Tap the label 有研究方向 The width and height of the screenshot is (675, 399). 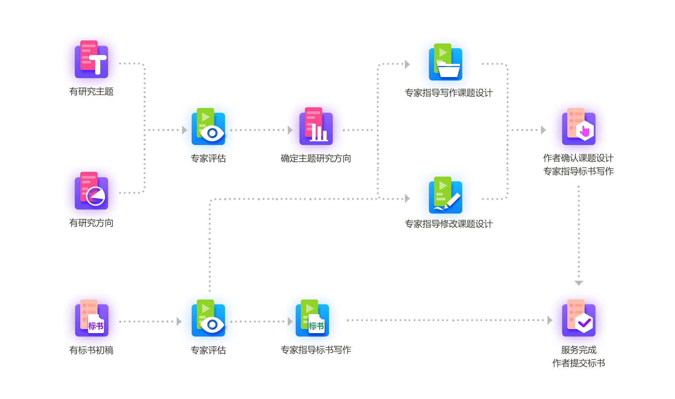pyautogui.click(x=91, y=223)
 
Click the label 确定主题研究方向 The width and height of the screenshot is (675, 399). pyautogui.click(x=316, y=158)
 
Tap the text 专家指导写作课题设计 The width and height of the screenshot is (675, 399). pyautogui.click(x=449, y=93)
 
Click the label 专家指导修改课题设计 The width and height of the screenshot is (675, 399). pyautogui.click(x=449, y=224)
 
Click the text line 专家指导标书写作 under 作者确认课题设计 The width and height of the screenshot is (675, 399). pyautogui.click(x=578, y=171)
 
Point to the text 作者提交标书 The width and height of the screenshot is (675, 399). pyautogui.click(x=578, y=363)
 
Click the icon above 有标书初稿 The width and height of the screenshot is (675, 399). pyautogui.click(x=91, y=318)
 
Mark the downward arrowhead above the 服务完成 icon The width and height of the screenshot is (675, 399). pyautogui.click(x=579, y=283)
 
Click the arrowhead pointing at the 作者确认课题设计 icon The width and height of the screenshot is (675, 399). pyautogui.click(x=543, y=130)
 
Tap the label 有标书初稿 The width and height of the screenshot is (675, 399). pyautogui.click(x=91, y=350)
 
